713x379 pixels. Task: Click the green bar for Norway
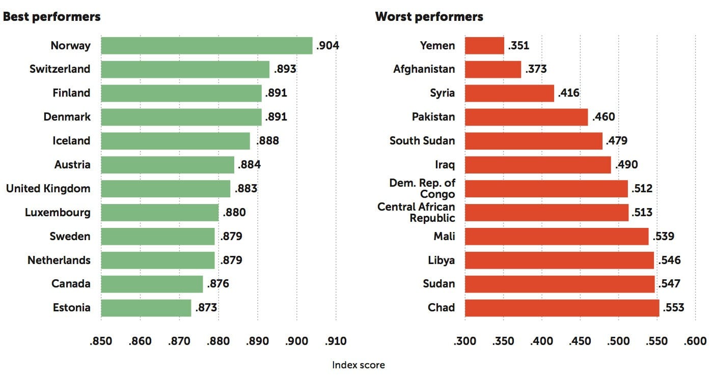[x=206, y=45]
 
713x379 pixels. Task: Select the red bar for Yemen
[x=484, y=45]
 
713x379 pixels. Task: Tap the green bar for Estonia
[x=146, y=308]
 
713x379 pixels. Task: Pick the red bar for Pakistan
[x=526, y=117]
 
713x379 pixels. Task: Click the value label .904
[x=327, y=45]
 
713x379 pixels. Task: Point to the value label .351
[x=518, y=45]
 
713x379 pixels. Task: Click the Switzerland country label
[x=60, y=69]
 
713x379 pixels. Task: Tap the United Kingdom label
[x=48, y=189]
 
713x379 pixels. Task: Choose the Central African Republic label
[x=416, y=212]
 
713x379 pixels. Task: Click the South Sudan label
[x=422, y=141]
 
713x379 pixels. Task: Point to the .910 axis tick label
[x=336, y=341]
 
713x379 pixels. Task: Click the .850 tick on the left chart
[x=101, y=341]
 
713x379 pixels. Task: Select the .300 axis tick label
[x=465, y=341]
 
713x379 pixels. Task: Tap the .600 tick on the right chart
[x=695, y=341]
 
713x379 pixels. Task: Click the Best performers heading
[x=52, y=17]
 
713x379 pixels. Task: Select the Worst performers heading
[x=429, y=17]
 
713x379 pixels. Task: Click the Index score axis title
[x=359, y=365]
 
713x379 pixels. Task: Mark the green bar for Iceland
[x=175, y=141]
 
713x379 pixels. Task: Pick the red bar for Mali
[x=557, y=237]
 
